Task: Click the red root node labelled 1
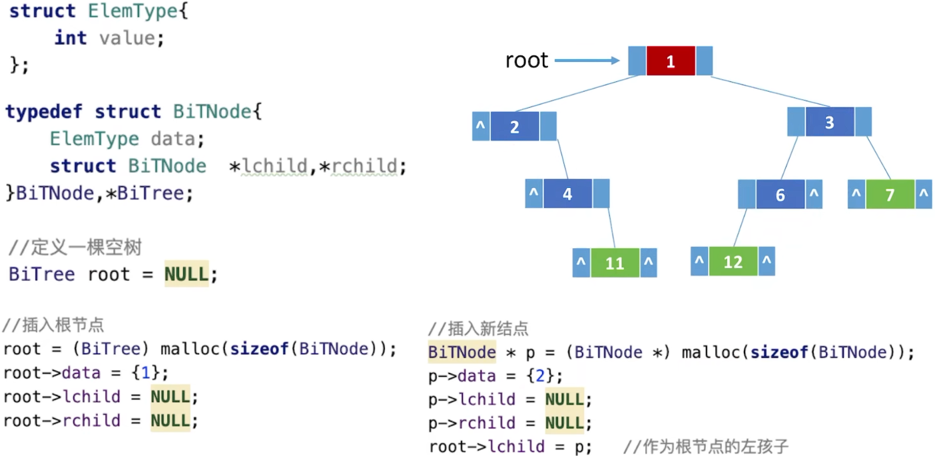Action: point(671,61)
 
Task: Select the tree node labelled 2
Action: point(515,126)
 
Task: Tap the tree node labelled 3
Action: point(829,122)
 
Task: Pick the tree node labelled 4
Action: point(567,194)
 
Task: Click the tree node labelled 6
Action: point(780,195)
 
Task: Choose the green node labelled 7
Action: point(890,195)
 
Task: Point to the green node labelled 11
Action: point(615,263)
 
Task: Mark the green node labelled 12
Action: point(733,262)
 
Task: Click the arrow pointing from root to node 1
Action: point(587,61)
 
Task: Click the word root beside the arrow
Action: point(526,61)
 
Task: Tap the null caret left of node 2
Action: point(481,126)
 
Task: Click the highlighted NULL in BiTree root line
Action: point(186,274)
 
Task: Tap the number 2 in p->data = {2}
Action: point(540,376)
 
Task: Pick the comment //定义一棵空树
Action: point(75,248)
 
